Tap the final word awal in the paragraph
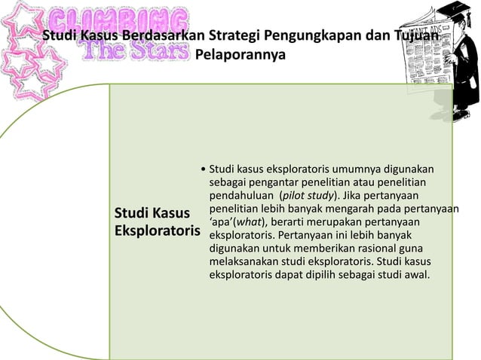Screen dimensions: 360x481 pos(415,274)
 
